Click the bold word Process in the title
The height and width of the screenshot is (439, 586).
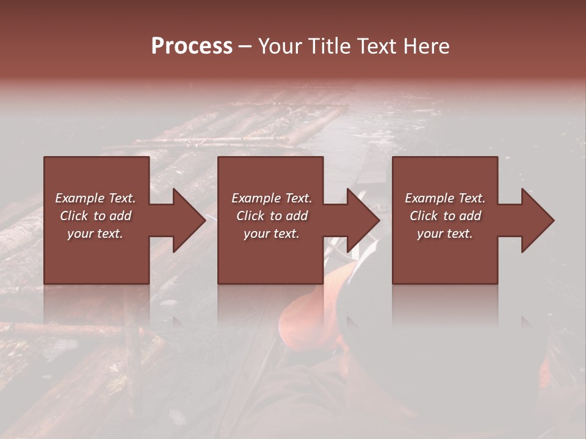(192, 46)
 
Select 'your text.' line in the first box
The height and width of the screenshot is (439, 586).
(95, 234)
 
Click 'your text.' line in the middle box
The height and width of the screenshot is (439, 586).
(271, 234)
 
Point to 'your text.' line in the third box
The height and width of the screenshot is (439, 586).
(444, 234)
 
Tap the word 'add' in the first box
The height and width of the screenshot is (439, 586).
(121, 216)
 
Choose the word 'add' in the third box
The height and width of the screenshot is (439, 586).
(471, 216)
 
